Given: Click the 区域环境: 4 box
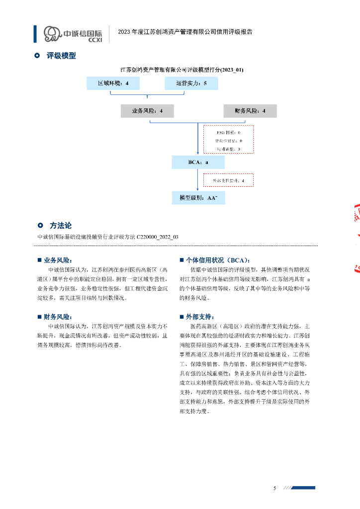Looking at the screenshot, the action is [113, 83].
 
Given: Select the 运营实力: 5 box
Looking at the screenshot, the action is [191, 83].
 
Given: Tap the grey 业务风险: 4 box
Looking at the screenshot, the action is [147, 111].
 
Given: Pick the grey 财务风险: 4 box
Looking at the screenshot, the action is [250, 111].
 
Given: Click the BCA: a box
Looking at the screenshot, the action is [198, 163].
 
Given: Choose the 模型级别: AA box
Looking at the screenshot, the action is [198, 197].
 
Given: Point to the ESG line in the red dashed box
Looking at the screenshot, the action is [229, 133].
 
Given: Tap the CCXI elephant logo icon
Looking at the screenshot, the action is [52, 33].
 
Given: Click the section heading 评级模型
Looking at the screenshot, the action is [61, 56].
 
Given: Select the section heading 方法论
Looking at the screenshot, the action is [61, 226].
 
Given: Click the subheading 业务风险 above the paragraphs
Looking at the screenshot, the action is [58, 260].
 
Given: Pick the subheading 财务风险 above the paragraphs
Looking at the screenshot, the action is [58, 317].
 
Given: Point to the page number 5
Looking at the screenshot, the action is [274, 488].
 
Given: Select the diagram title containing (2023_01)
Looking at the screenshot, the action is [182, 70].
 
